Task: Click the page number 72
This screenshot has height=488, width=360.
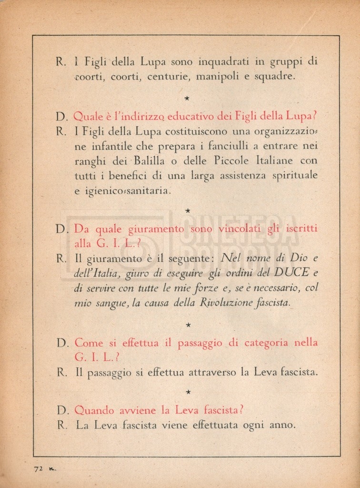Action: coord(38,468)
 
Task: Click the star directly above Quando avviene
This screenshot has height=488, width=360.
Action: coord(188,392)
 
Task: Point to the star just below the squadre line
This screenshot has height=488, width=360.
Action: coord(188,98)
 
